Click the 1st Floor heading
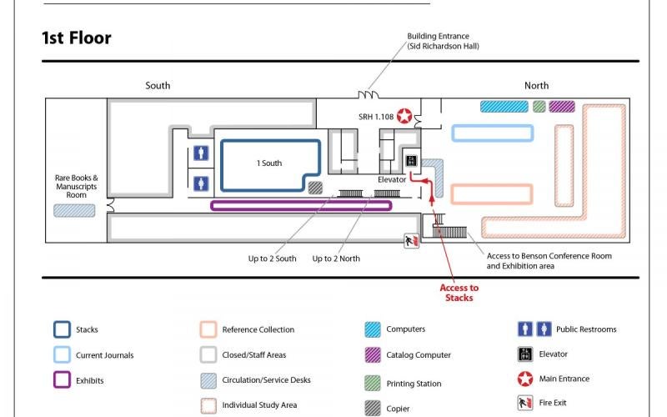(76, 38)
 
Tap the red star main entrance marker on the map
(405, 116)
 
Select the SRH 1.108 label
(375, 116)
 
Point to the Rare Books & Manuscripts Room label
(76, 186)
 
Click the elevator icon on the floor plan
(410, 161)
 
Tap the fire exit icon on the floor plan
(410, 240)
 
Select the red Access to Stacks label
(459, 293)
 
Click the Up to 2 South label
(272, 259)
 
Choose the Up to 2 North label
(336, 259)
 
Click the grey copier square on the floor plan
(315, 188)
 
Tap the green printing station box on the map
(539, 107)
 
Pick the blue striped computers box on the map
(504, 107)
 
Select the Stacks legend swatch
(62, 329)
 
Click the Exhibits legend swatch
(62, 380)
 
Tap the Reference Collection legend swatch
(208, 329)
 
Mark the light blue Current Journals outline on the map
(492, 133)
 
